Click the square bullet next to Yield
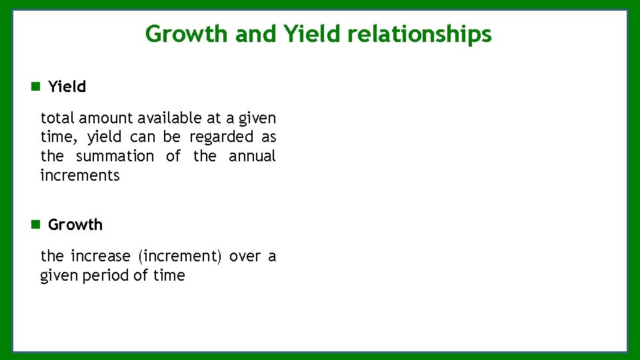pos(35,87)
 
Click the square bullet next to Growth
pos(35,225)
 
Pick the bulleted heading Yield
pos(67,87)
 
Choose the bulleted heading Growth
pos(75,225)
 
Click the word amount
pos(106,119)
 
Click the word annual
pos(252,157)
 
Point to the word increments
pos(80,176)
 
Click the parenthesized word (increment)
pos(180,257)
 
